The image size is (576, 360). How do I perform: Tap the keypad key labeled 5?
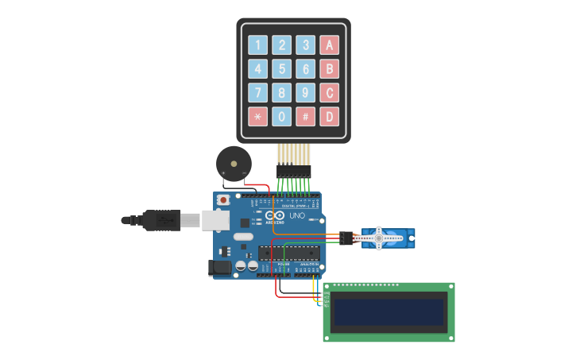281,68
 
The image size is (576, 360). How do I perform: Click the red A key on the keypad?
329,45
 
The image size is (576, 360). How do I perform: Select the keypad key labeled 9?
305,92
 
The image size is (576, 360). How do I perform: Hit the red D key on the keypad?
329,117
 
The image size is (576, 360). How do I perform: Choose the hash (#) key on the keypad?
305,117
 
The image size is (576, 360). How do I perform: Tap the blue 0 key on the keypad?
281,117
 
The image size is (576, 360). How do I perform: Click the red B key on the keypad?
329,68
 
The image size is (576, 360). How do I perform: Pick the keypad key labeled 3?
305,45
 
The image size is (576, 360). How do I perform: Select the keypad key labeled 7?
257,92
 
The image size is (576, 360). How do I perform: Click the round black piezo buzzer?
234,162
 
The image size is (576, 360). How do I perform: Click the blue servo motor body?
385,237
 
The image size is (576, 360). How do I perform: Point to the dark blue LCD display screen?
388,312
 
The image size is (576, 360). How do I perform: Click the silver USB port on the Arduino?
215,220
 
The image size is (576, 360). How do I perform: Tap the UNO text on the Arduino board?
296,215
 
